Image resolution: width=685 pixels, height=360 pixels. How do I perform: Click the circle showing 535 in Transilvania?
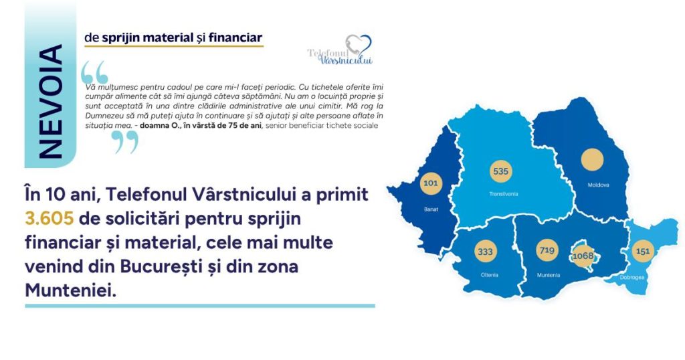point(500,171)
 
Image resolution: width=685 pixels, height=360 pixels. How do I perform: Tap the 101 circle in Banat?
point(431,183)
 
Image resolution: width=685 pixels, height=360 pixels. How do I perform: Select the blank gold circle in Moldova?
point(593,159)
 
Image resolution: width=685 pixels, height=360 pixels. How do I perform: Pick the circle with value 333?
point(485,252)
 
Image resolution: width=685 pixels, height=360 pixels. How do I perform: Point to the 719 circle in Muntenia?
point(547,250)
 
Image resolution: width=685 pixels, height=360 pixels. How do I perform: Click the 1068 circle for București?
point(583,256)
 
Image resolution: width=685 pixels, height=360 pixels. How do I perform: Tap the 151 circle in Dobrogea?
point(643,251)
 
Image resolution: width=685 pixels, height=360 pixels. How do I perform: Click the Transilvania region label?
point(503,193)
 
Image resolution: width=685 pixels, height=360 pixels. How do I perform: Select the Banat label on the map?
point(431,209)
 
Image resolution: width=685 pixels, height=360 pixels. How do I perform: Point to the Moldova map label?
point(598,185)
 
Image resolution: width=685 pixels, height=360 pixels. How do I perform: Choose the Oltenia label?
point(489,275)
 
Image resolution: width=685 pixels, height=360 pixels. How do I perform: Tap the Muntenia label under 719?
point(549,275)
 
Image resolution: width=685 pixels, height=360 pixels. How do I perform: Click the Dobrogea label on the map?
point(631,278)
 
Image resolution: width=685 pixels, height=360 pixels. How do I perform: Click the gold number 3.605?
point(49,218)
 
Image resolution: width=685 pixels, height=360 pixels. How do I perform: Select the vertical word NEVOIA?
point(50,101)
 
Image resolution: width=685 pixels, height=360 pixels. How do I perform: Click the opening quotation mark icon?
point(94,72)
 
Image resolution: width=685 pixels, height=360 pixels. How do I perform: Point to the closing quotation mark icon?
point(124,142)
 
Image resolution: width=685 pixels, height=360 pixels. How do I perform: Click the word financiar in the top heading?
point(235,38)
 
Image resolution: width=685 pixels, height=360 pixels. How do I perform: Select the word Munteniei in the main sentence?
point(70,290)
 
